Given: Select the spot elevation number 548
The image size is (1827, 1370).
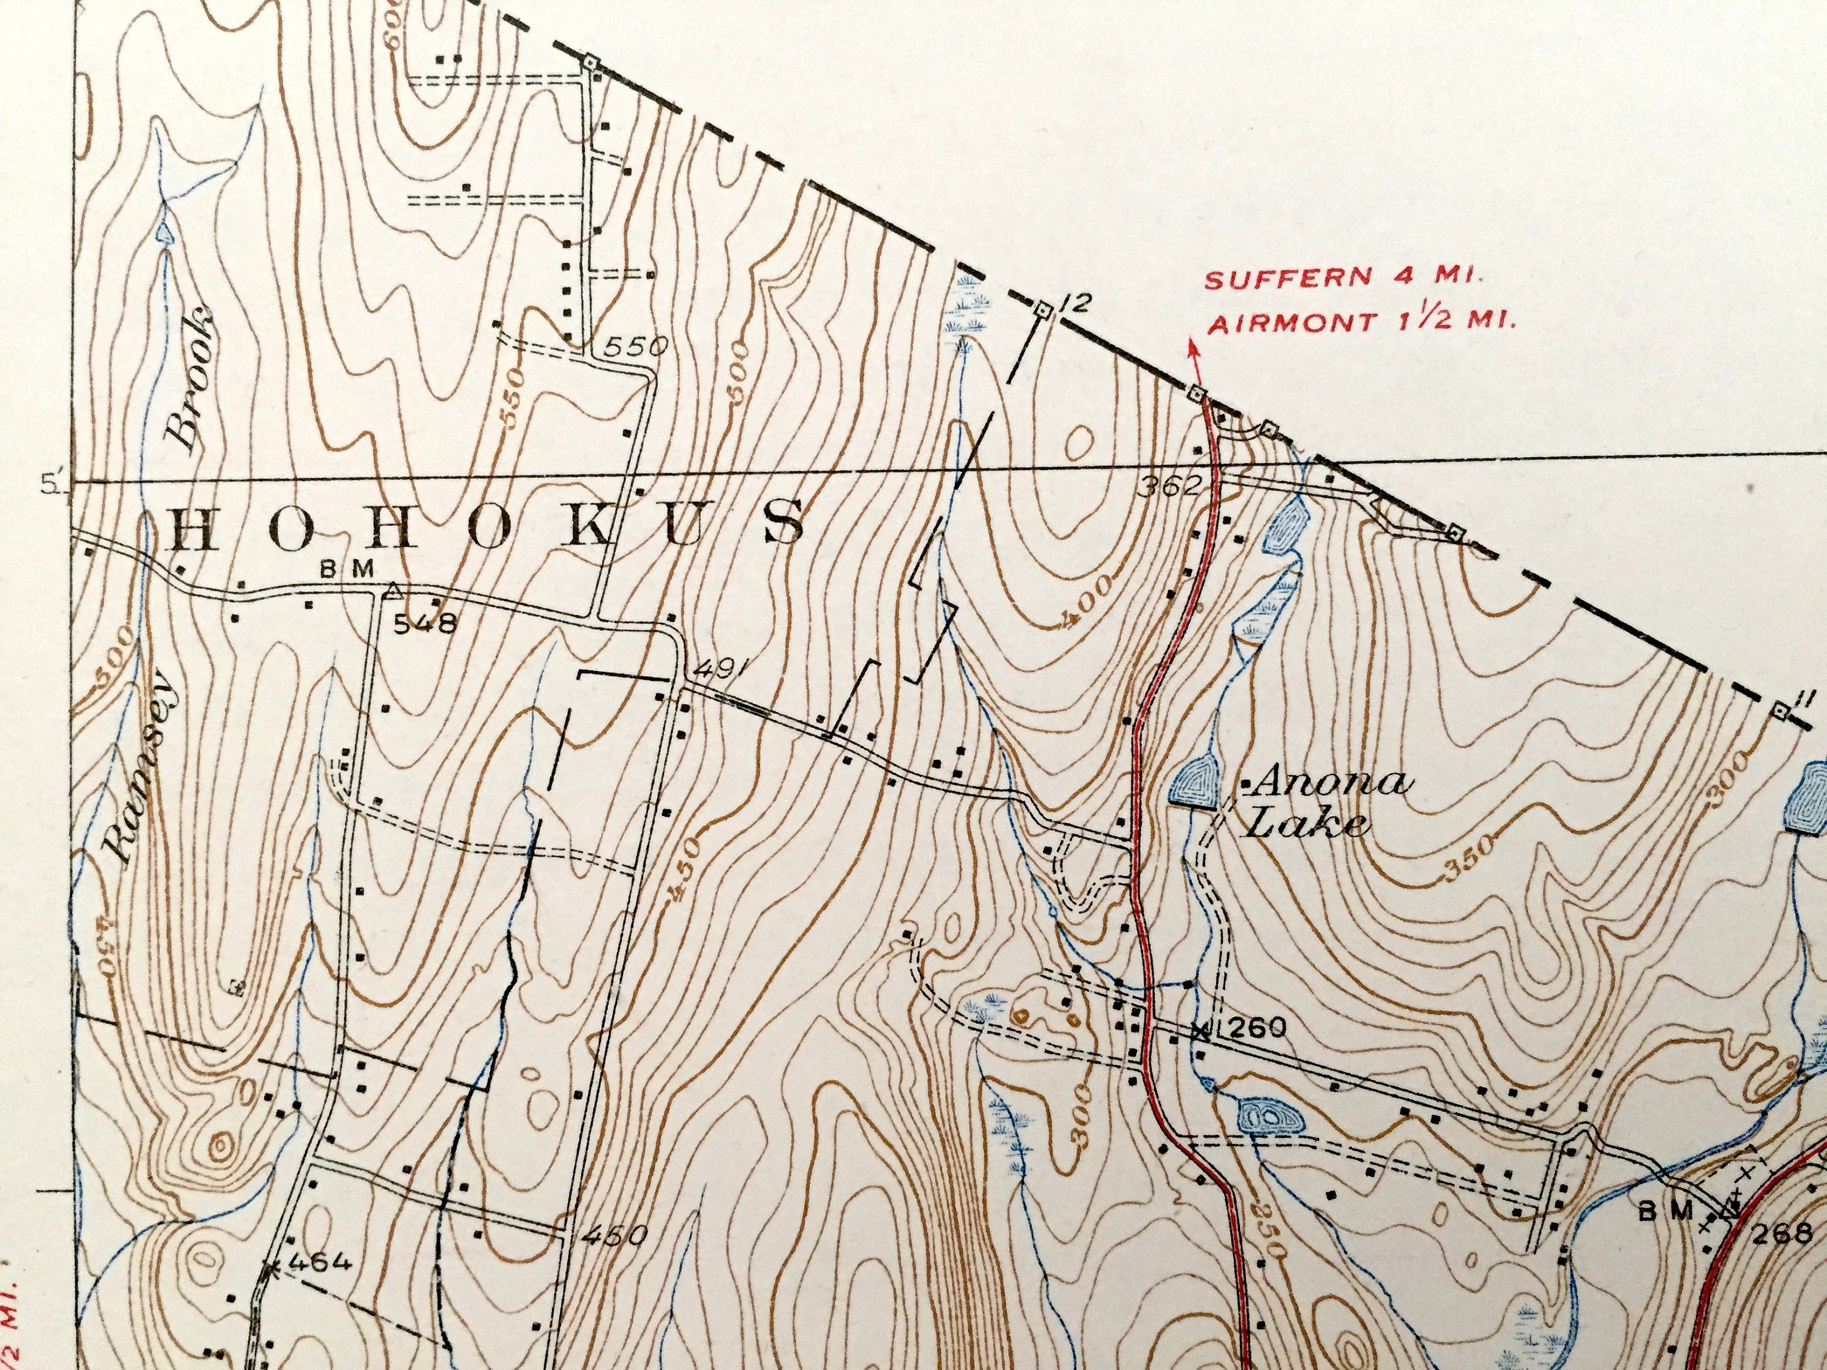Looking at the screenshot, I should tap(424, 624).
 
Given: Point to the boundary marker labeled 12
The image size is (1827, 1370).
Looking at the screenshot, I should tap(1043, 311).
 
